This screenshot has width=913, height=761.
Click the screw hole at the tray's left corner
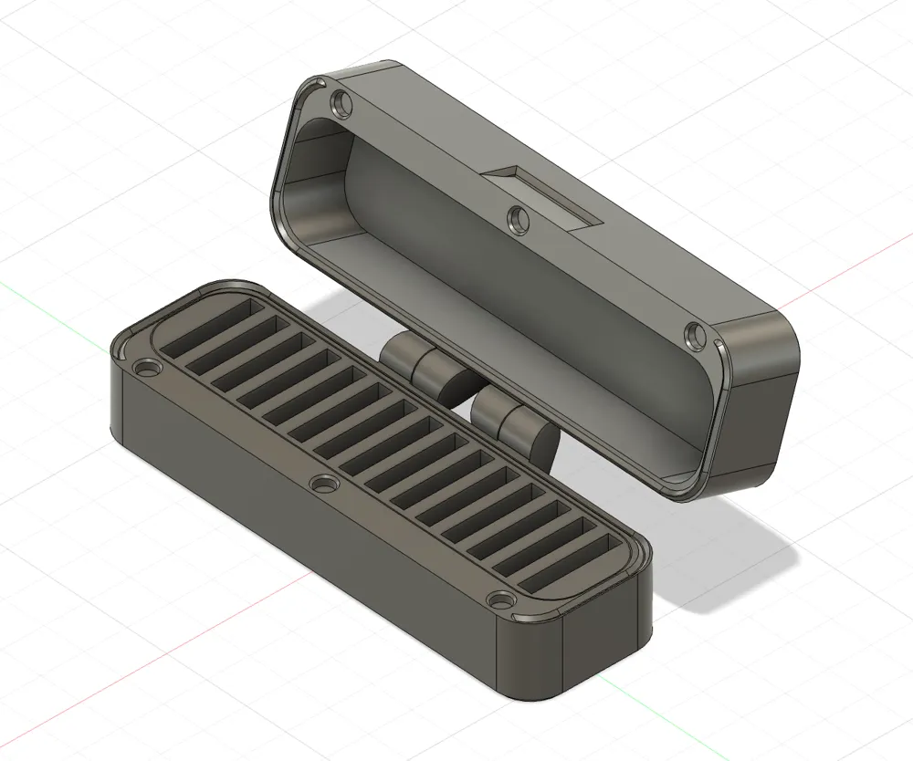[146, 370]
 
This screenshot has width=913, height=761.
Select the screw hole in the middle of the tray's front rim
[323, 484]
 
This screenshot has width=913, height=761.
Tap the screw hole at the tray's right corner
[501, 601]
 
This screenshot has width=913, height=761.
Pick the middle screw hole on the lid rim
[518, 219]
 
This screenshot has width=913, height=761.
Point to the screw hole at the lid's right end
[695, 335]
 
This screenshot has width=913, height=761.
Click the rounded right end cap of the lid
[762, 401]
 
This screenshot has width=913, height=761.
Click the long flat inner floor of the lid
[511, 301]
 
